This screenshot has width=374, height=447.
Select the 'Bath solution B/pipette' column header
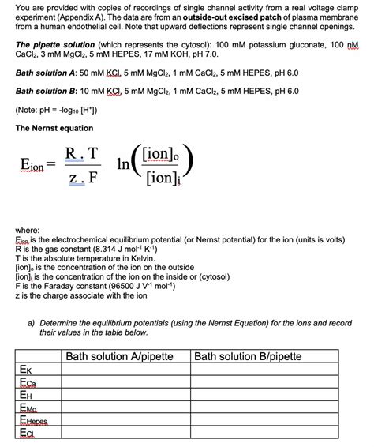(x=248, y=356)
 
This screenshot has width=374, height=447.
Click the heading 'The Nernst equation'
(x=54, y=128)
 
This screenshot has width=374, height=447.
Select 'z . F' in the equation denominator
(x=81, y=178)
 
